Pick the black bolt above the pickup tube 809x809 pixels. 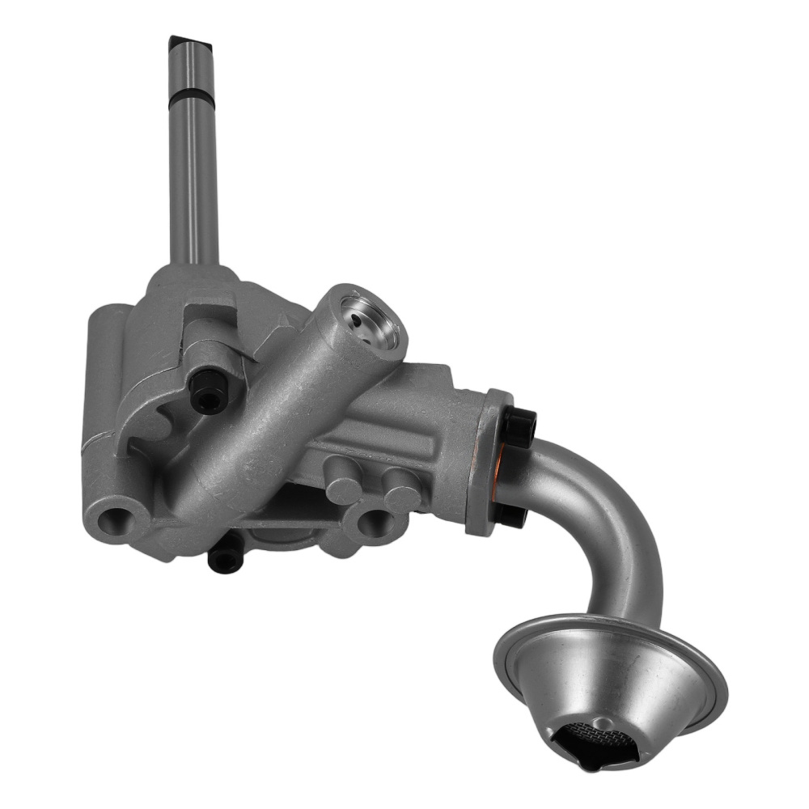[519, 421]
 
